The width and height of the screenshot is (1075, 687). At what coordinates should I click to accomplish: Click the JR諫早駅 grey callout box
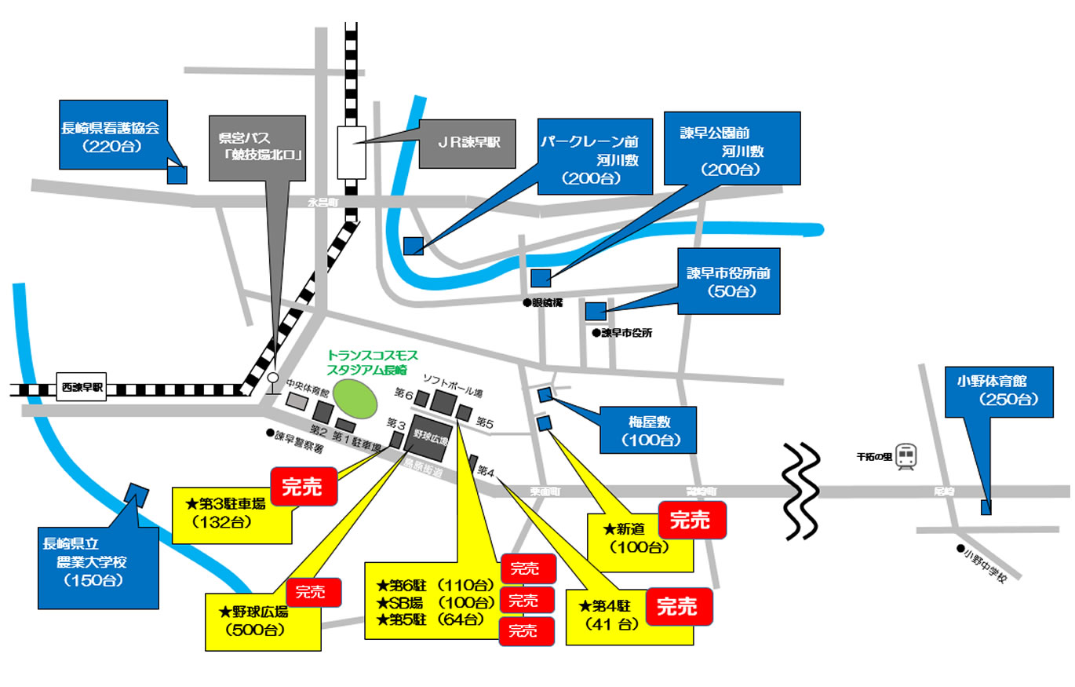(468, 144)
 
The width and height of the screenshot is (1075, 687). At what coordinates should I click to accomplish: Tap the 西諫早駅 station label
(82, 388)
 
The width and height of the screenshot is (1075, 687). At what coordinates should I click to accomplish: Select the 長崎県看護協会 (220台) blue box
(114, 134)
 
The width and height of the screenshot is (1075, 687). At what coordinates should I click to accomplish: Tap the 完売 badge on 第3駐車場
(303, 487)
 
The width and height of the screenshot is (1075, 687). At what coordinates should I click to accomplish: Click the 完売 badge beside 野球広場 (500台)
(314, 594)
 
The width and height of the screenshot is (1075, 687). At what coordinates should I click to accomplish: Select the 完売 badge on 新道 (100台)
(691, 520)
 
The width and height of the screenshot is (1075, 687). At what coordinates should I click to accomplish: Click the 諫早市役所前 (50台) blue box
(729, 282)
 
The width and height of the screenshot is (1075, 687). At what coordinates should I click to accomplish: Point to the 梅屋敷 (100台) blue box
(648, 430)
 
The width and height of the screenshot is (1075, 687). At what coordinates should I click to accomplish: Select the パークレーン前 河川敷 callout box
(595, 156)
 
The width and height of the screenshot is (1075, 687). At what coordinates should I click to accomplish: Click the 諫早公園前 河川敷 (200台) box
(732, 148)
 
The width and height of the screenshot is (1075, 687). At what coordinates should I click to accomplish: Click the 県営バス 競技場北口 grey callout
(258, 146)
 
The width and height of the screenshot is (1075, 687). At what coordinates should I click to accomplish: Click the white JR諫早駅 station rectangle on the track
(352, 152)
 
